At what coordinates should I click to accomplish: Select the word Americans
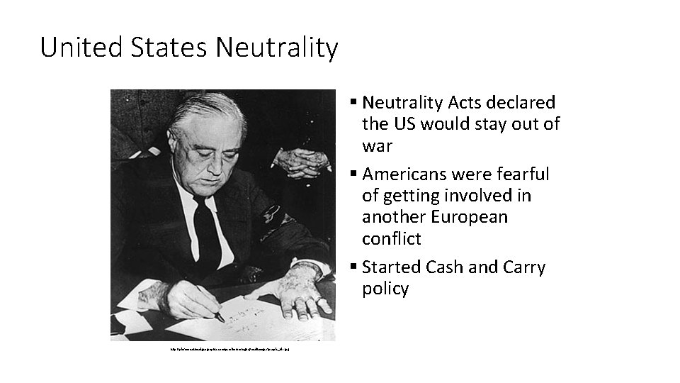pyautogui.click(x=409, y=174)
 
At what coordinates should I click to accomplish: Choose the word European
pyautogui.click(x=470, y=217)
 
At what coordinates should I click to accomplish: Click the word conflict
pyautogui.click(x=391, y=239)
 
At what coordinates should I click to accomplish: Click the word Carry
pyautogui.click(x=523, y=267)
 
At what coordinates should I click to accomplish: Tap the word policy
pyautogui.click(x=385, y=289)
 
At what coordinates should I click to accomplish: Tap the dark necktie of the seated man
pyautogui.click(x=206, y=227)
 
